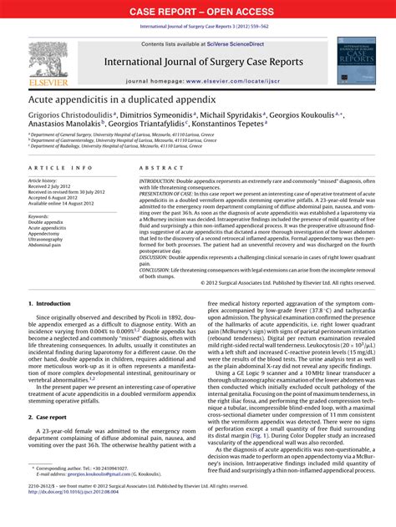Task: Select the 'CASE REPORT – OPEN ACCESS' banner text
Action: tap(198, 12)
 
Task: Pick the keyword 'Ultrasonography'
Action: tap(48, 239)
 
